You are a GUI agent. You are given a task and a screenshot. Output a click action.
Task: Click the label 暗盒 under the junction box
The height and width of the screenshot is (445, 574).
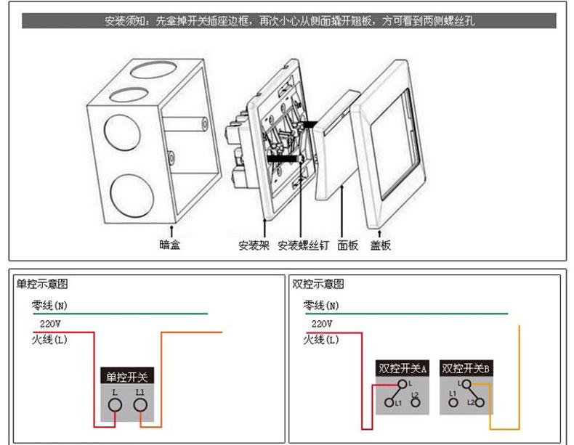tap(169, 245)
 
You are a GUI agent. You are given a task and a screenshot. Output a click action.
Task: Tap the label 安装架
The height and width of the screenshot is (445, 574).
tap(254, 245)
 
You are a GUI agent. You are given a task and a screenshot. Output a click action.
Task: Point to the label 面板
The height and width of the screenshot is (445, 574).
tap(348, 245)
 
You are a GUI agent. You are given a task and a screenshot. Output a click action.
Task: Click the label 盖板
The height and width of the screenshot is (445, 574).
tap(381, 245)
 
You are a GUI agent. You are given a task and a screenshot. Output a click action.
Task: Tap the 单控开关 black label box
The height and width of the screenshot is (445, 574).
tap(127, 377)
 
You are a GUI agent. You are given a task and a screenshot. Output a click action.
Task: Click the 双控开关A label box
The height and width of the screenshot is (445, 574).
tap(403, 368)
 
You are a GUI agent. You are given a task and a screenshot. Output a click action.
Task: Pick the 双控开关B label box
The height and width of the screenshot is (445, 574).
tap(466, 368)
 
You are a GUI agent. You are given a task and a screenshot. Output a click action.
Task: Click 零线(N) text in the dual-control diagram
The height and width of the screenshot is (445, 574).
tap(321, 305)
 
